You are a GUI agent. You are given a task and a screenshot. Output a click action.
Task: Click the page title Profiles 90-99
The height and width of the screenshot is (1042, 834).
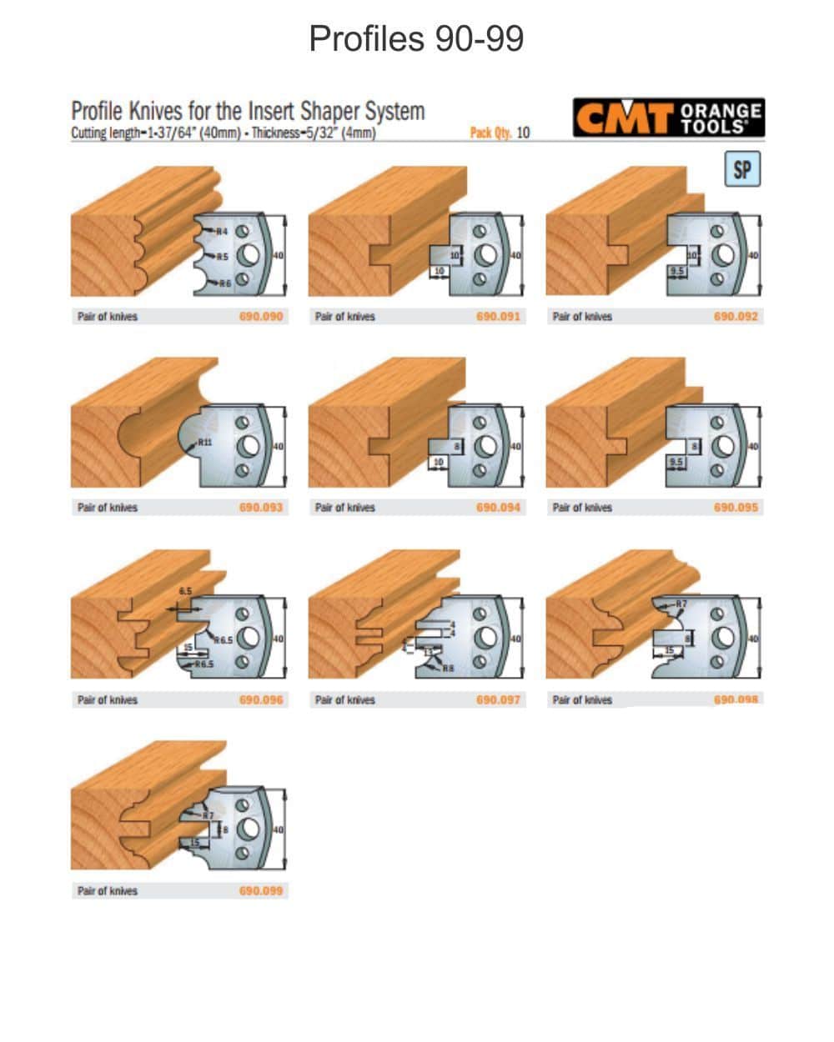[x=416, y=38]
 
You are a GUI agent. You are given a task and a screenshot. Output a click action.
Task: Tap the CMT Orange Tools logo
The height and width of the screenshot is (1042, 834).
[x=667, y=118]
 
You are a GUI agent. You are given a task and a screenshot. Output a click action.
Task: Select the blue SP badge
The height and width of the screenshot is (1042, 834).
[x=742, y=170]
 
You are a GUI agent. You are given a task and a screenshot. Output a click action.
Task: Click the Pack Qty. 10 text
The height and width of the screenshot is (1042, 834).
[x=500, y=133]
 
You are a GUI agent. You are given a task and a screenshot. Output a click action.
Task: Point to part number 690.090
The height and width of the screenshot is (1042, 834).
[x=261, y=317]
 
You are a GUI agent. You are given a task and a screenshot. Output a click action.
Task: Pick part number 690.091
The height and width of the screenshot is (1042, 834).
[x=498, y=317]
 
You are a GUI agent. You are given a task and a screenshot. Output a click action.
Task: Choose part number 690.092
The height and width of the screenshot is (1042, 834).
[x=736, y=317]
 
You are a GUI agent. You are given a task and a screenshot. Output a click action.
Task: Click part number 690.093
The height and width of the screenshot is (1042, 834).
[x=261, y=508]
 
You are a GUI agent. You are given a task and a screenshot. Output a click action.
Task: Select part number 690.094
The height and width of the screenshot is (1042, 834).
[x=498, y=508]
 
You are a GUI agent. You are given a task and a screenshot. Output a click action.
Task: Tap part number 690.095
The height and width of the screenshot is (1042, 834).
[x=736, y=508]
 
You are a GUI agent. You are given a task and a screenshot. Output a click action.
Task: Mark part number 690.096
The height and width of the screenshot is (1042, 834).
[x=261, y=700]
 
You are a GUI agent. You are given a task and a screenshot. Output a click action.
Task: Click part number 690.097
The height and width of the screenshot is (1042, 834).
[x=498, y=700]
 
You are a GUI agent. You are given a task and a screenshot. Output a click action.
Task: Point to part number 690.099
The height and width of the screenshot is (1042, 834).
[x=261, y=891]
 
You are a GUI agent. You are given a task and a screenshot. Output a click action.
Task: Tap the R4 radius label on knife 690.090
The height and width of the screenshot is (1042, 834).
[x=223, y=231]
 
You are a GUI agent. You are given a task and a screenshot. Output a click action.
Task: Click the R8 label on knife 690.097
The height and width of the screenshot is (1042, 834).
[x=448, y=668]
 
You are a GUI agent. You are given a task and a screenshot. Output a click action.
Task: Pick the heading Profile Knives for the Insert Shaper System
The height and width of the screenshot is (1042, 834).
[x=248, y=112]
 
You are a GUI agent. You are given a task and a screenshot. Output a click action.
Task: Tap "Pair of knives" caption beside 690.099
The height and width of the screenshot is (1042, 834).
[x=107, y=891]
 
